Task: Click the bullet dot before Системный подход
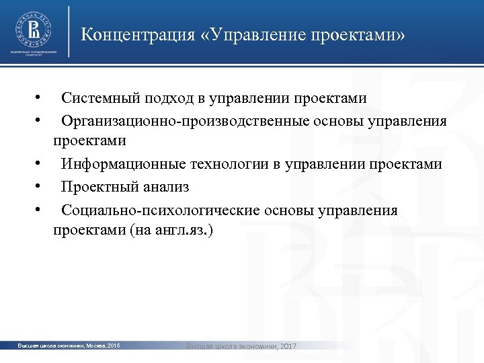pyautogui.click(x=41, y=98)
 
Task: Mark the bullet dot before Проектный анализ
pyautogui.click(x=41, y=187)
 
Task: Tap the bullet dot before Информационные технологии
pyautogui.click(x=41, y=164)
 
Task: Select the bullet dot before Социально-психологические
pyautogui.click(x=41, y=210)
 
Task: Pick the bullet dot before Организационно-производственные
pyautogui.click(x=41, y=121)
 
